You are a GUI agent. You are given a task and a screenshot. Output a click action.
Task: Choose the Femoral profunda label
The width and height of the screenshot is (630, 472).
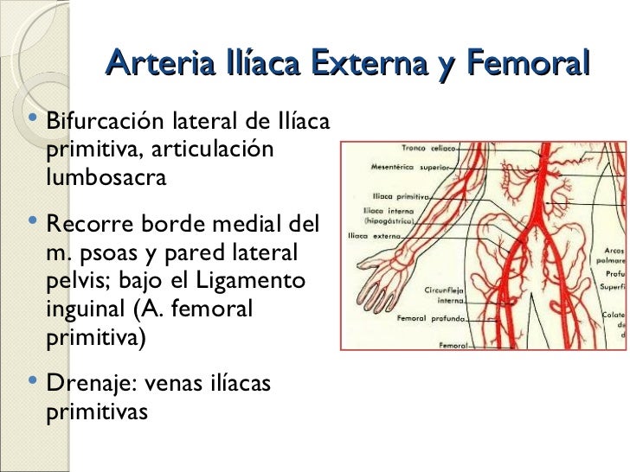click(431, 319)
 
